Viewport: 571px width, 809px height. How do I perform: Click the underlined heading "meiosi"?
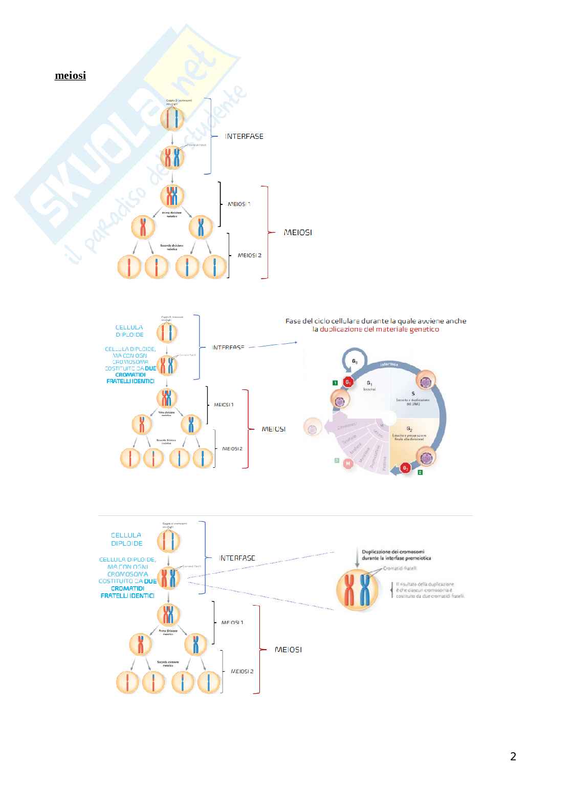(x=70, y=76)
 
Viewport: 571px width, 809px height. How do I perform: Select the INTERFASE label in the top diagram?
(x=245, y=136)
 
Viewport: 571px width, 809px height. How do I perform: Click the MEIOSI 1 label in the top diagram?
(x=239, y=204)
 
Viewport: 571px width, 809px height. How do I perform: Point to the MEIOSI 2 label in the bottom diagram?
(x=242, y=671)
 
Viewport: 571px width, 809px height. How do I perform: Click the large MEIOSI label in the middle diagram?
(x=274, y=429)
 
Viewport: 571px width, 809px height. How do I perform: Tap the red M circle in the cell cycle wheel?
(x=348, y=464)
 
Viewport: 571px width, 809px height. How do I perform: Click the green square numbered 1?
(x=335, y=382)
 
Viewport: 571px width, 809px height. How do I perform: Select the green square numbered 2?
(x=420, y=472)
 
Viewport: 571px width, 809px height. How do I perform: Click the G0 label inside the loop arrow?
(x=355, y=361)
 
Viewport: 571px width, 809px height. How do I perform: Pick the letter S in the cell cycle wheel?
(x=412, y=393)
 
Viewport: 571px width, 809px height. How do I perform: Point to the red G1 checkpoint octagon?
(x=348, y=382)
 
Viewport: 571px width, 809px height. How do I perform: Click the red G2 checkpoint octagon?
(x=406, y=468)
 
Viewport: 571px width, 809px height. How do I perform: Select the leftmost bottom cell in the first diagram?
(x=129, y=267)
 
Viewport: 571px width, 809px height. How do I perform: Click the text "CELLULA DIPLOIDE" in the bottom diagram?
(x=126, y=538)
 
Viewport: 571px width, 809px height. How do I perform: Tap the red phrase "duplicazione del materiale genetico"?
(x=376, y=329)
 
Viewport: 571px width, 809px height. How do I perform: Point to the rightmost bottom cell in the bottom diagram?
(x=209, y=682)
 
